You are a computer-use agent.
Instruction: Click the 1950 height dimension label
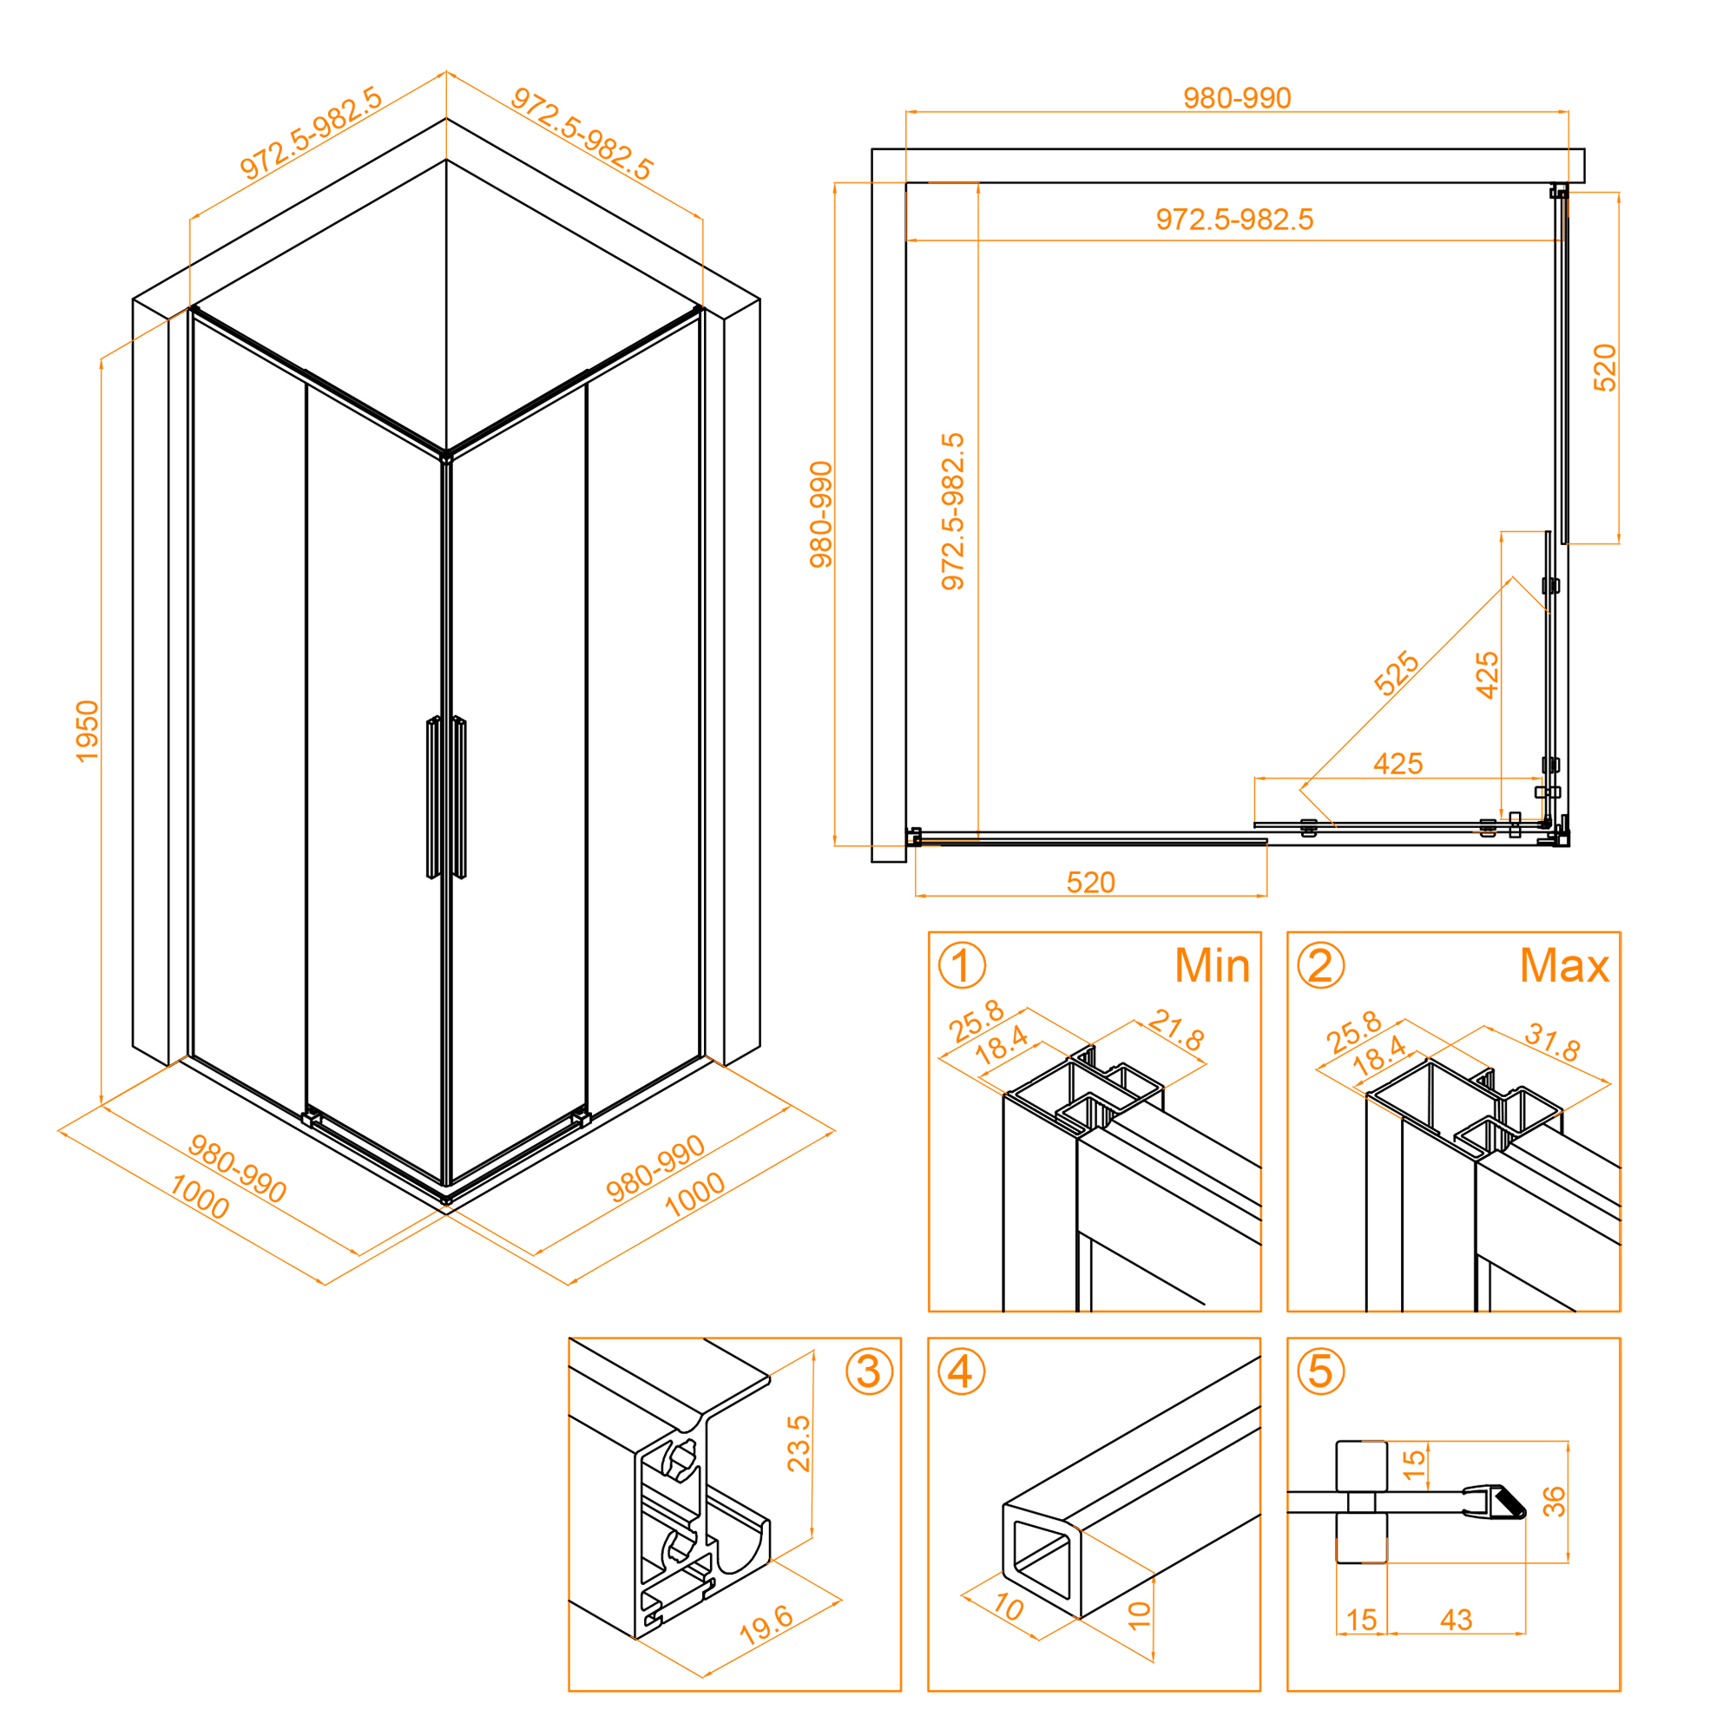pyautogui.click(x=87, y=732)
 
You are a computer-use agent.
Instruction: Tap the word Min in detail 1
pyautogui.click(x=1212, y=966)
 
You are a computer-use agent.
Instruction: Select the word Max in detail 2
pyautogui.click(x=1564, y=966)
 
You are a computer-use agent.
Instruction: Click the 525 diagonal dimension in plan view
pyautogui.click(x=1397, y=674)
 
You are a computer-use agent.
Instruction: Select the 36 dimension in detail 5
pyautogui.click(x=1554, y=1502)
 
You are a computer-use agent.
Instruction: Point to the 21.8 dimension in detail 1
pyautogui.click(x=1176, y=1030)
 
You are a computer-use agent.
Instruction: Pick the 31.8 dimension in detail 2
pyautogui.click(x=1553, y=1042)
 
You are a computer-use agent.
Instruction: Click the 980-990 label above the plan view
pyautogui.click(x=1236, y=98)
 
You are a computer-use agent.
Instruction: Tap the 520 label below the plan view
pyautogui.click(x=1091, y=883)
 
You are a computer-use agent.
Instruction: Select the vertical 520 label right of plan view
pyautogui.click(x=1604, y=367)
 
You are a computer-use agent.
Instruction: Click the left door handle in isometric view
pyautogui.click(x=433, y=797)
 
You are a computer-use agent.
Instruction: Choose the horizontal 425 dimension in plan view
pyautogui.click(x=1398, y=764)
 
